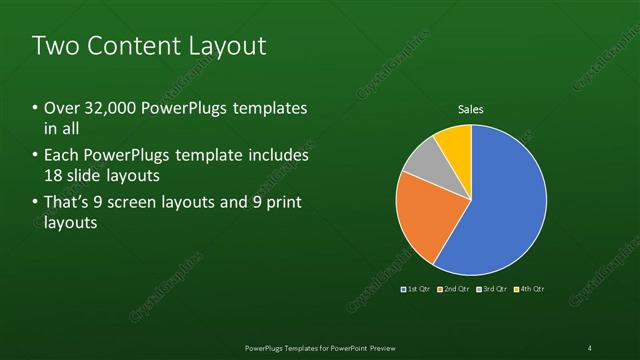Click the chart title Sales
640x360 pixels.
click(x=471, y=109)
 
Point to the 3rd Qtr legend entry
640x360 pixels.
click(x=491, y=289)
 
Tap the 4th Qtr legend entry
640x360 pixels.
click(x=529, y=289)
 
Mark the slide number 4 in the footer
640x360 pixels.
click(x=590, y=347)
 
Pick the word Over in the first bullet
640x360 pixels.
click(x=61, y=108)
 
